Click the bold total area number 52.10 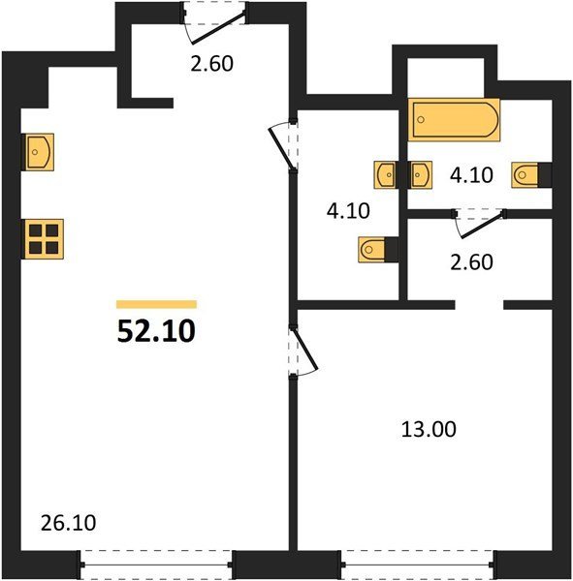point(156,331)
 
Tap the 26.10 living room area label point(68,523)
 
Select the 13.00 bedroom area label point(429,429)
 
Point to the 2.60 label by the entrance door point(212,63)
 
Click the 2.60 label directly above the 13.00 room point(471,262)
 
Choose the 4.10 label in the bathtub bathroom point(471,175)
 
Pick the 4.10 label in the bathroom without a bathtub point(348,211)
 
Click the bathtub point(454,120)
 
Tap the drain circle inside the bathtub point(421,119)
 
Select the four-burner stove point(44,239)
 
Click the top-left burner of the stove point(35,230)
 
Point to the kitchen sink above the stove point(39,152)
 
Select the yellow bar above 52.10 point(156,304)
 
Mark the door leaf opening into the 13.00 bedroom point(305,348)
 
